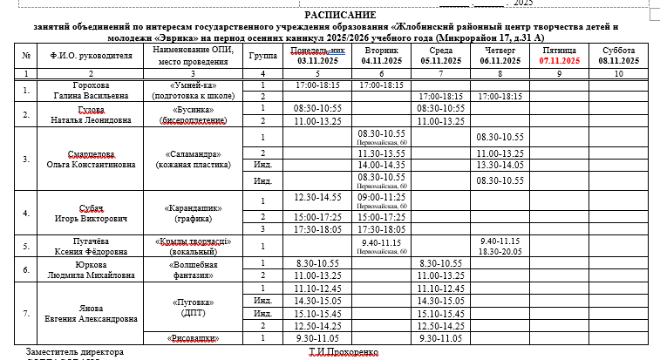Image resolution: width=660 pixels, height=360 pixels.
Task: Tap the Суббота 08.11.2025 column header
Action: (618, 57)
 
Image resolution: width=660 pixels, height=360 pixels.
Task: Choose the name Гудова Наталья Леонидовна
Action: (92, 114)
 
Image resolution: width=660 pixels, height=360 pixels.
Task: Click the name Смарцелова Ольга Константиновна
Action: (92, 159)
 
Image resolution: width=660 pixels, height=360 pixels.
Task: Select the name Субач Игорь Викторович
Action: (92, 213)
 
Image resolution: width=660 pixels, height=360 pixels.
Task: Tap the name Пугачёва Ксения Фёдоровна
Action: (92, 246)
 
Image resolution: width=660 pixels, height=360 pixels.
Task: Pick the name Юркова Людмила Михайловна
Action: (92, 268)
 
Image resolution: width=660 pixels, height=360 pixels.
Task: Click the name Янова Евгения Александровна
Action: (92, 314)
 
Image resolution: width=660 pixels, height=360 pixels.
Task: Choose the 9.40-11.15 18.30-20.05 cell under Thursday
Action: (499, 245)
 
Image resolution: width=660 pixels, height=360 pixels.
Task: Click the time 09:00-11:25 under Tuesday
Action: (381, 199)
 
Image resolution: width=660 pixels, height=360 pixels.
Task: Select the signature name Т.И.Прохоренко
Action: (344, 353)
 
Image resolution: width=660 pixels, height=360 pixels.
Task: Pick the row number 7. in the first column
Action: (25, 313)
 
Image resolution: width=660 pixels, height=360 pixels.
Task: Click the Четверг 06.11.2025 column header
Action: (499, 57)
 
